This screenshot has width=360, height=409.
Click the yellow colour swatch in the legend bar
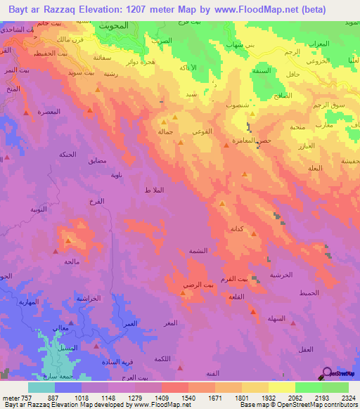(282, 387)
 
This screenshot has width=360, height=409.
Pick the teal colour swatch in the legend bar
(41, 387)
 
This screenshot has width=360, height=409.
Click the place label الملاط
(153, 191)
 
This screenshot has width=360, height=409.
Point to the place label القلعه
(235, 297)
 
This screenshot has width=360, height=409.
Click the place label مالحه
(71, 261)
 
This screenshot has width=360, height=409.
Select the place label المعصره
(48, 112)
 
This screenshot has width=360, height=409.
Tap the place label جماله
(166, 131)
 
